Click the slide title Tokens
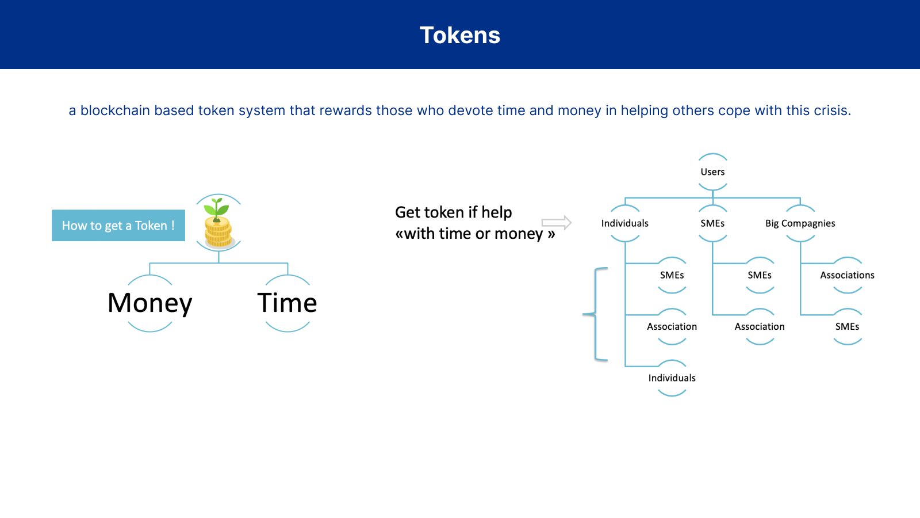(460, 35)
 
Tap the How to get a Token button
(118, 226)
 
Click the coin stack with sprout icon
(218, 223)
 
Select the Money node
(150, 303)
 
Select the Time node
(287, 303)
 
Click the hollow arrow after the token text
(556, 222)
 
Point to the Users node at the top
(712, 172)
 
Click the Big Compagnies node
(800, 223)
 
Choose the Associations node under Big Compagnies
(847, 275)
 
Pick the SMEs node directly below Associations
(847, 326)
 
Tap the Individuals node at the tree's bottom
(672, 378)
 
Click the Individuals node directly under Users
(624, 223)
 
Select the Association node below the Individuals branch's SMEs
(672, 326)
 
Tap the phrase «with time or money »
(475, 234)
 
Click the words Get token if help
(453, 212)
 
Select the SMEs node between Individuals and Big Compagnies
(712, 223)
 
